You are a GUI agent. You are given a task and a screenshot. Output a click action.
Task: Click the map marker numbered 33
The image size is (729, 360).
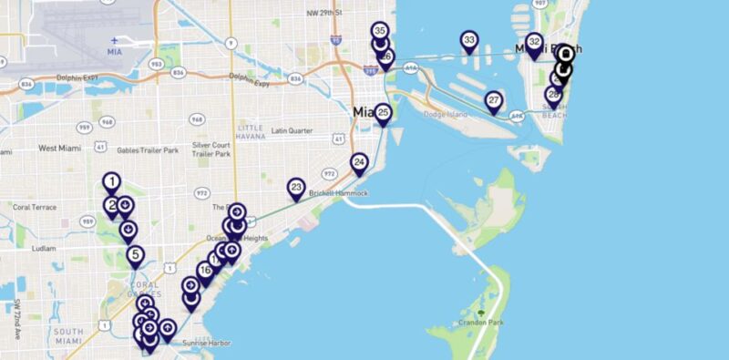[469, 41]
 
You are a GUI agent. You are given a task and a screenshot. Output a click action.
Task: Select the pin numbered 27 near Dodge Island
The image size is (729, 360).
[494, 100]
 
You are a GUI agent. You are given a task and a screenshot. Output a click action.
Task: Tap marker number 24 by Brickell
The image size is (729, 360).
[359, 163]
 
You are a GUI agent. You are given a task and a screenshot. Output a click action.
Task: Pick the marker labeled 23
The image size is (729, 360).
[296, 188]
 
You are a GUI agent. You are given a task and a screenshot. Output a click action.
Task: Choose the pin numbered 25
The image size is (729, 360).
[384, 114]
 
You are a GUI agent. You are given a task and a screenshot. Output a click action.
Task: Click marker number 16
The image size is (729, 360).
[205, 271]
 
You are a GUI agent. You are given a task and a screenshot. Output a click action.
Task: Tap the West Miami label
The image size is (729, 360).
[59, 148]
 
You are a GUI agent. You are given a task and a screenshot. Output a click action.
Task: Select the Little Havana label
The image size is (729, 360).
[249, 131]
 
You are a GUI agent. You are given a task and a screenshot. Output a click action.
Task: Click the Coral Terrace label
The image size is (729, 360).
[36, 207]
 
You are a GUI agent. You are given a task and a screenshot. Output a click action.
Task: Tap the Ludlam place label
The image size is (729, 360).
[44, 248]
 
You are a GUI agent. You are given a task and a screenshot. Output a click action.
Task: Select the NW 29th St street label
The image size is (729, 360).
[324, 13]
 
